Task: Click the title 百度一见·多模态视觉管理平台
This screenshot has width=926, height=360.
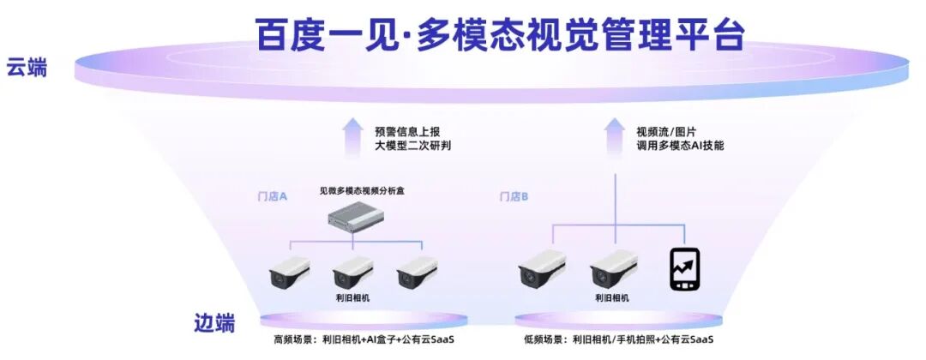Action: (500, 33)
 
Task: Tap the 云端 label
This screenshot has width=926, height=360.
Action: (27, 68)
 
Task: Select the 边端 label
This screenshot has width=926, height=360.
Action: (213, 323)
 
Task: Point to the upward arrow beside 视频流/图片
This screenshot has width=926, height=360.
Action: (614, 138)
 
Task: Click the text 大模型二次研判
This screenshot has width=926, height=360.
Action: (412, 146)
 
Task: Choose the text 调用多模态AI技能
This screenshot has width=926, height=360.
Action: (680, 146)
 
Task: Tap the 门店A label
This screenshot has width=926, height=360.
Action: (273, 196)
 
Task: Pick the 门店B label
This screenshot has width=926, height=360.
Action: (514, 196)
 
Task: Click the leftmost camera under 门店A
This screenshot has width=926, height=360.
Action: (289, 270)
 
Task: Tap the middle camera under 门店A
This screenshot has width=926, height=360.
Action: (352, 270)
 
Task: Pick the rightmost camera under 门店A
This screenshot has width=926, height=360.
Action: (417, 270)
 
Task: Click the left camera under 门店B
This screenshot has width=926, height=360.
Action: (541, 267)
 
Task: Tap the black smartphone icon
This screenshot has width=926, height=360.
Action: (684, 269)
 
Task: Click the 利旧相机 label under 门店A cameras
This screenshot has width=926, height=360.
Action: (352, 297)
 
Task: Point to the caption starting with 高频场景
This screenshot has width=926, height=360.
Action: (364, 339)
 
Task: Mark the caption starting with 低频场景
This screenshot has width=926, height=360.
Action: (618, 339)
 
